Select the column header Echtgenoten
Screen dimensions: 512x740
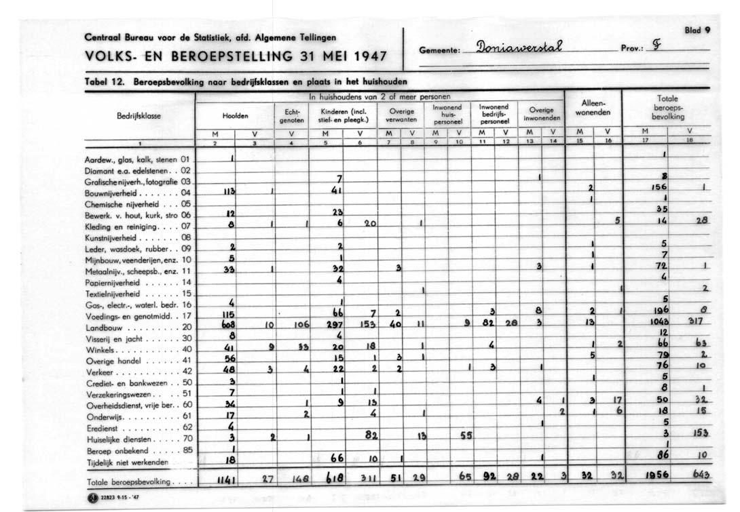coord(292,115)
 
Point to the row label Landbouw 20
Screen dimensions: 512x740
coord(138,327)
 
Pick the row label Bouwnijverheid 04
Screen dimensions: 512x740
coord(138,193)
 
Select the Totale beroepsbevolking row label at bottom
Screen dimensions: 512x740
coord(138,482)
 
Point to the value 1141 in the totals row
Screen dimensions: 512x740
coord(225,480)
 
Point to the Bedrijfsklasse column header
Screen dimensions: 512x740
coord(138,115)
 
